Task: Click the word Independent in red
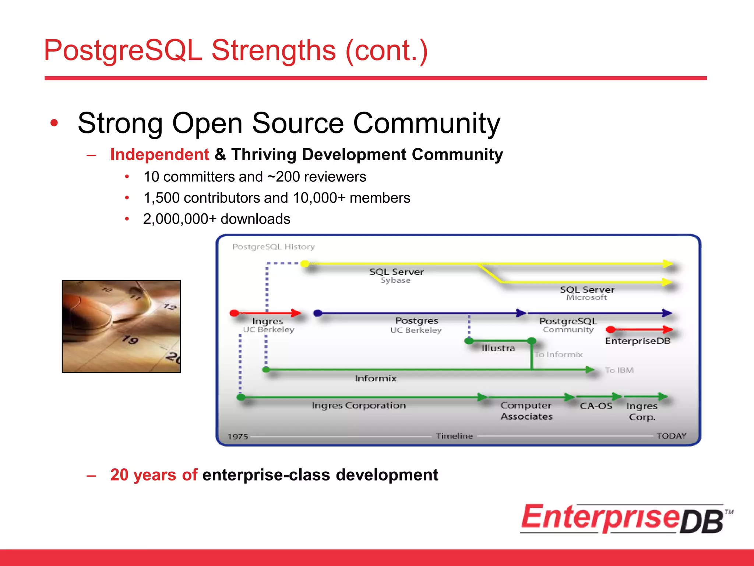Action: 159,154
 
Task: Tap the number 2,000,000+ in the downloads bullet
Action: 180,219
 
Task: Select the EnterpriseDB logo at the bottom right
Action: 626,519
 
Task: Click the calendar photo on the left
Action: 121,326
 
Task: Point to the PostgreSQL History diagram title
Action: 274,247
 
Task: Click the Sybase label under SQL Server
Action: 395,280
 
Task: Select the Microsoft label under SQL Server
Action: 586,297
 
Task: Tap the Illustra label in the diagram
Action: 498,348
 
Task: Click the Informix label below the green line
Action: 376,378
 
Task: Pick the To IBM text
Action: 619,370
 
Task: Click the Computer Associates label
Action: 526,411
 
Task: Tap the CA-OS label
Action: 596,406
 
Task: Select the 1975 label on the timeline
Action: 238,437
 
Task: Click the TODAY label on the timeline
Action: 672,436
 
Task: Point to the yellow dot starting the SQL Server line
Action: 305,263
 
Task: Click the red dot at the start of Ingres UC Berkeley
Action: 234,313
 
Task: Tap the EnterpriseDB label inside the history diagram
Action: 637,341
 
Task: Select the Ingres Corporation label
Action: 359,405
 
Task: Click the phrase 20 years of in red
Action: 154,475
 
